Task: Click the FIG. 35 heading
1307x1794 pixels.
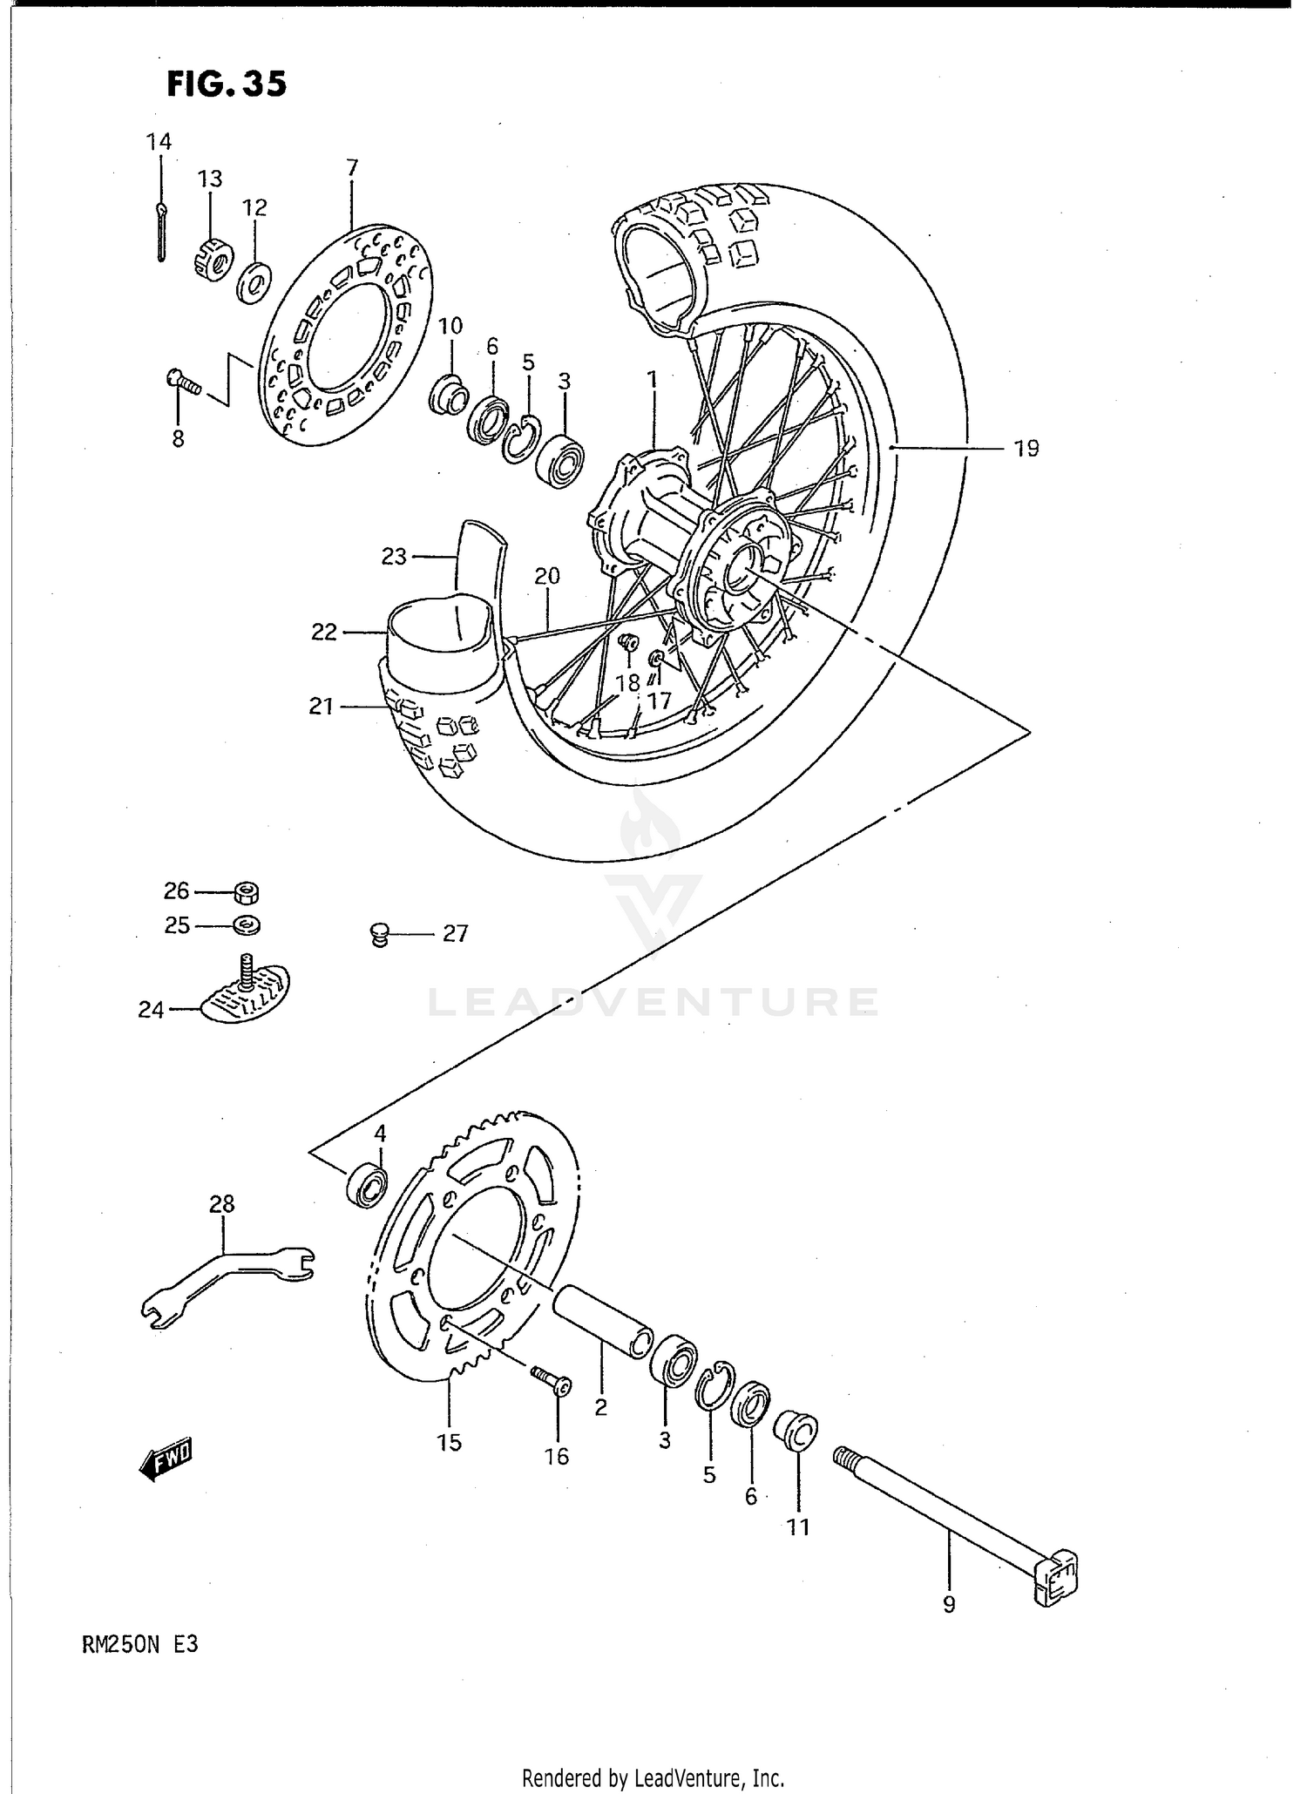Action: point(226,85)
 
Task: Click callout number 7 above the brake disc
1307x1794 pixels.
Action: point(352,168)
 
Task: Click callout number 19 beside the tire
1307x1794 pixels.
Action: point(1026,449)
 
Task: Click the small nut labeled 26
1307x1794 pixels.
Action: point(247,891)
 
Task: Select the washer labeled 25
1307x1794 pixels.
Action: point(247,924)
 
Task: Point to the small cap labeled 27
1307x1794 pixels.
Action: point(378,935)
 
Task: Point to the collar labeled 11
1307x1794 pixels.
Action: point(796,1432)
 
